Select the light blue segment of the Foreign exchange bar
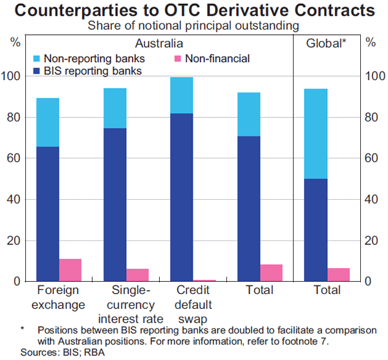[48, 122]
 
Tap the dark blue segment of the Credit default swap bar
[182, 197]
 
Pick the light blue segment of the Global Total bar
[316, 134]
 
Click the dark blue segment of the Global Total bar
[316, 229]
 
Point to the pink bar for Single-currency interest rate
[137, 275]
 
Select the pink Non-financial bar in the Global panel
[338, 275]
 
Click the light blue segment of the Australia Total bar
[249, 114]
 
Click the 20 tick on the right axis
[371, 240]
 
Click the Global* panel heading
[326, 43]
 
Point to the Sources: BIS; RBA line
[58, 353]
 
